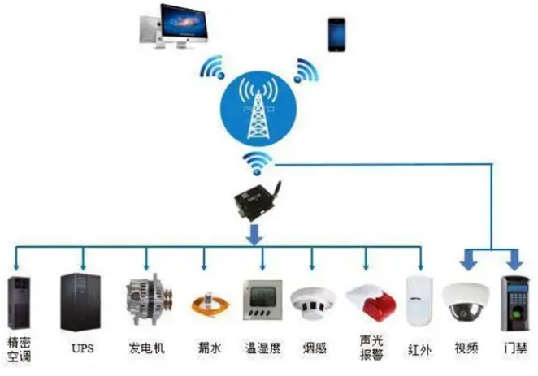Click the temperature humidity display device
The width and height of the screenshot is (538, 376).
click(x=262, y=301)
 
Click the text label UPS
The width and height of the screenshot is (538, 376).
click(x=81, y=349)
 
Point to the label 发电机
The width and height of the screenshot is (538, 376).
click(x=146, y=349)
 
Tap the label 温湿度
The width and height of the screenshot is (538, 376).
click(x=262, y=349)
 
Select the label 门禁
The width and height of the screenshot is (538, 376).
click(x=514, y=349)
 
